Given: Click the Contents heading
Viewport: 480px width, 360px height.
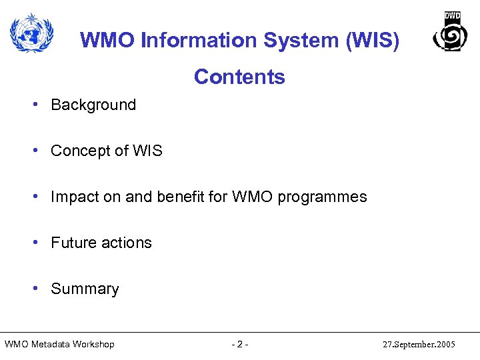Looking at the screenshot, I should point(239,77).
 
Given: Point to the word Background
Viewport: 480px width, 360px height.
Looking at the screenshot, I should point(93,105).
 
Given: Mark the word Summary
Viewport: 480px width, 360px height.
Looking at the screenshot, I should point(85,289).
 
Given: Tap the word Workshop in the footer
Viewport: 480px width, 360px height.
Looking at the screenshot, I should point(93,345).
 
